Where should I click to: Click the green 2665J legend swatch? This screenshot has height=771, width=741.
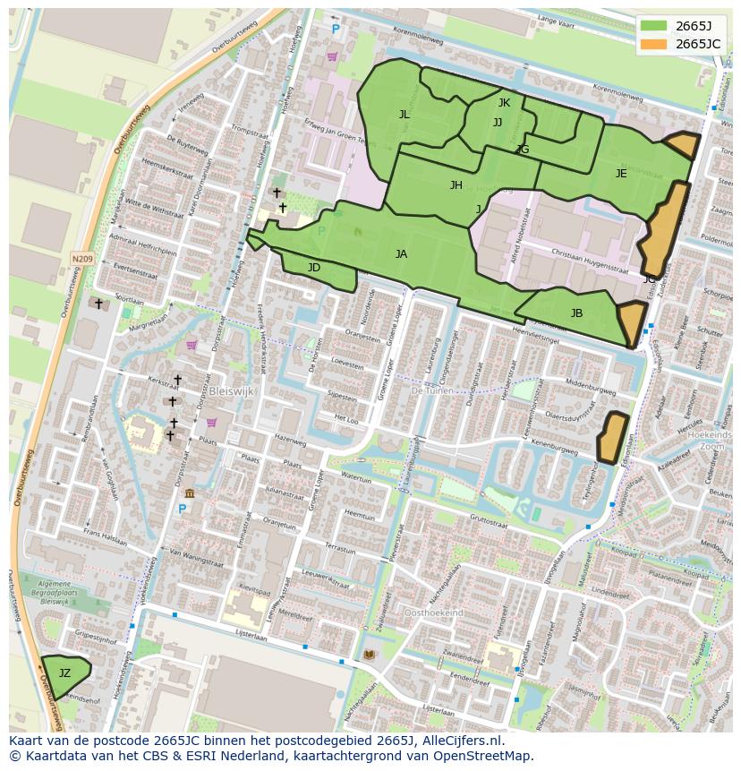pyautogui.click(x=653, y=25)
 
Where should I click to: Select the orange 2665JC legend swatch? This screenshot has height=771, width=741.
pyautogui.click(x=653, y=43)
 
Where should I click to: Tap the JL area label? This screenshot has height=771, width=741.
pyautogui.click(x=405, y=115)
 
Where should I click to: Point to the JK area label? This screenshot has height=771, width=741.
pyautogui.click(x=504, y=103)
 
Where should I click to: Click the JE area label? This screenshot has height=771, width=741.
pyautogui.click(x=621, y=174)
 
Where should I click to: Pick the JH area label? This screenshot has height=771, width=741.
pyautogui.click(x=456, y=185)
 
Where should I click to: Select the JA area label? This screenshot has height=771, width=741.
pyautogui.click(x=401, y=254)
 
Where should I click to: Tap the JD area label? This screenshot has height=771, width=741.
pyautogui.click(x=314, y=268)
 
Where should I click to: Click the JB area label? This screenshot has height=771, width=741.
pyautogui.click(x=576, y=313)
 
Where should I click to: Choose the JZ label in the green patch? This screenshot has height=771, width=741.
pyautogui.click(x=64, y=673)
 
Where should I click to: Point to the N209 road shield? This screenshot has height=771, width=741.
pyautogui.click(x=81, y=259)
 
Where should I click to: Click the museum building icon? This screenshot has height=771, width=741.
pyautogui.click(x=190, y=493)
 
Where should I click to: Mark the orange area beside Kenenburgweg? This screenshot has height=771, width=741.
pyautogui.click(x=613, y=437)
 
